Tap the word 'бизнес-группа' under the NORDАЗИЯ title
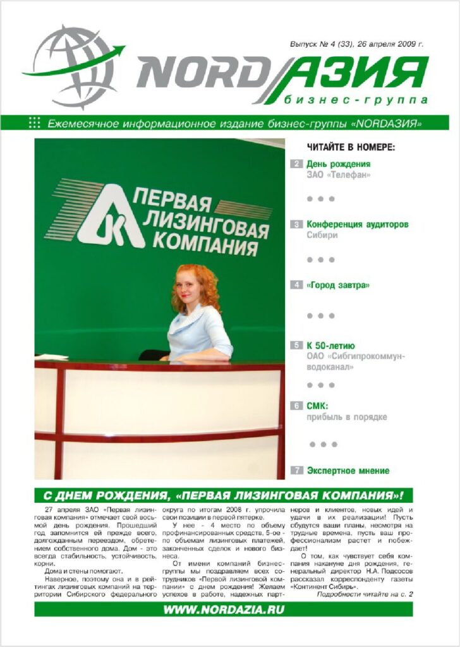pyautogui.click(x=356, y=100)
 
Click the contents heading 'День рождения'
pyautogui.click(x=339, y=164)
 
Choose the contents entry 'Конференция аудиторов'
pyautogui.click(x=358, y=224)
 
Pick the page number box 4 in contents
pyautogui.click(x=296, y=285)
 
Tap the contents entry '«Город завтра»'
pyautogui.click(x=338, y=285)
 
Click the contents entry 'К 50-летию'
pyautogui.click(x=330, y=346)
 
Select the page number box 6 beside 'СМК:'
pyautogui.click(x=296, y=406)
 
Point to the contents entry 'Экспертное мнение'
pyautogui.click(x=348, y=471)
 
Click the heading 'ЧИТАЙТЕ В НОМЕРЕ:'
pyautogui.click(x=351, y=147)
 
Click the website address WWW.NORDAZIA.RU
pyautogui.click(x=224, y=610)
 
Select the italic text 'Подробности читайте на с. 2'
pyautogui.click(x=364, y=595)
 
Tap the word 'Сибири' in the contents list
pyautogui.click(x=322, y=235)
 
